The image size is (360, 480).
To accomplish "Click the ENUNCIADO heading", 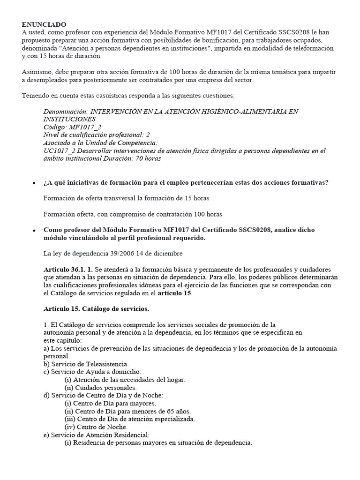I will tap(44, 24).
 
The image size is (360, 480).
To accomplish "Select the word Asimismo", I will tap(37, 72).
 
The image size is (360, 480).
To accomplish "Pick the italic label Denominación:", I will tap(65, 112).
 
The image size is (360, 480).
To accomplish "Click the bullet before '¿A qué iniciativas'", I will tap(33, 183).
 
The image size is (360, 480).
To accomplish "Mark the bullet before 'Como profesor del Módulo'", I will tap(33, 231).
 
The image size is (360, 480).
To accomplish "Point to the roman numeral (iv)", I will tap(70, 427).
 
